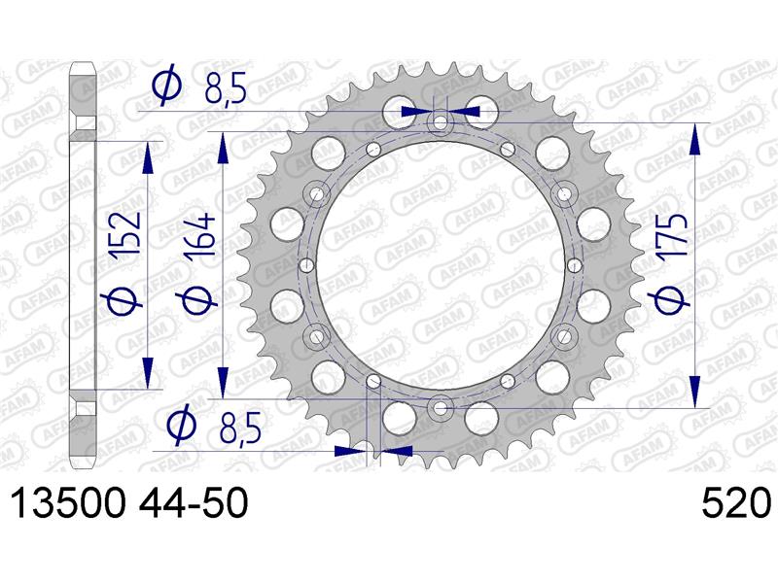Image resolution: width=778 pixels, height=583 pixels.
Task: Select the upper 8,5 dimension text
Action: pyautogui.click(x=225, y=90)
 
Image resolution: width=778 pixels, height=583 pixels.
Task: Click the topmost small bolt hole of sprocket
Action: pyautogui.click(x=441, y=123)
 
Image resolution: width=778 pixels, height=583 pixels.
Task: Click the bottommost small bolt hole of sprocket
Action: pyautogui.click(x=440, y=406)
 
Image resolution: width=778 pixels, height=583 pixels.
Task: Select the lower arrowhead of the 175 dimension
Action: pyautogui.click(x=694, y=391)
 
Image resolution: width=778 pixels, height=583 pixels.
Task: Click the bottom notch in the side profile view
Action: pyautogui.click(x=86, y=400)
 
